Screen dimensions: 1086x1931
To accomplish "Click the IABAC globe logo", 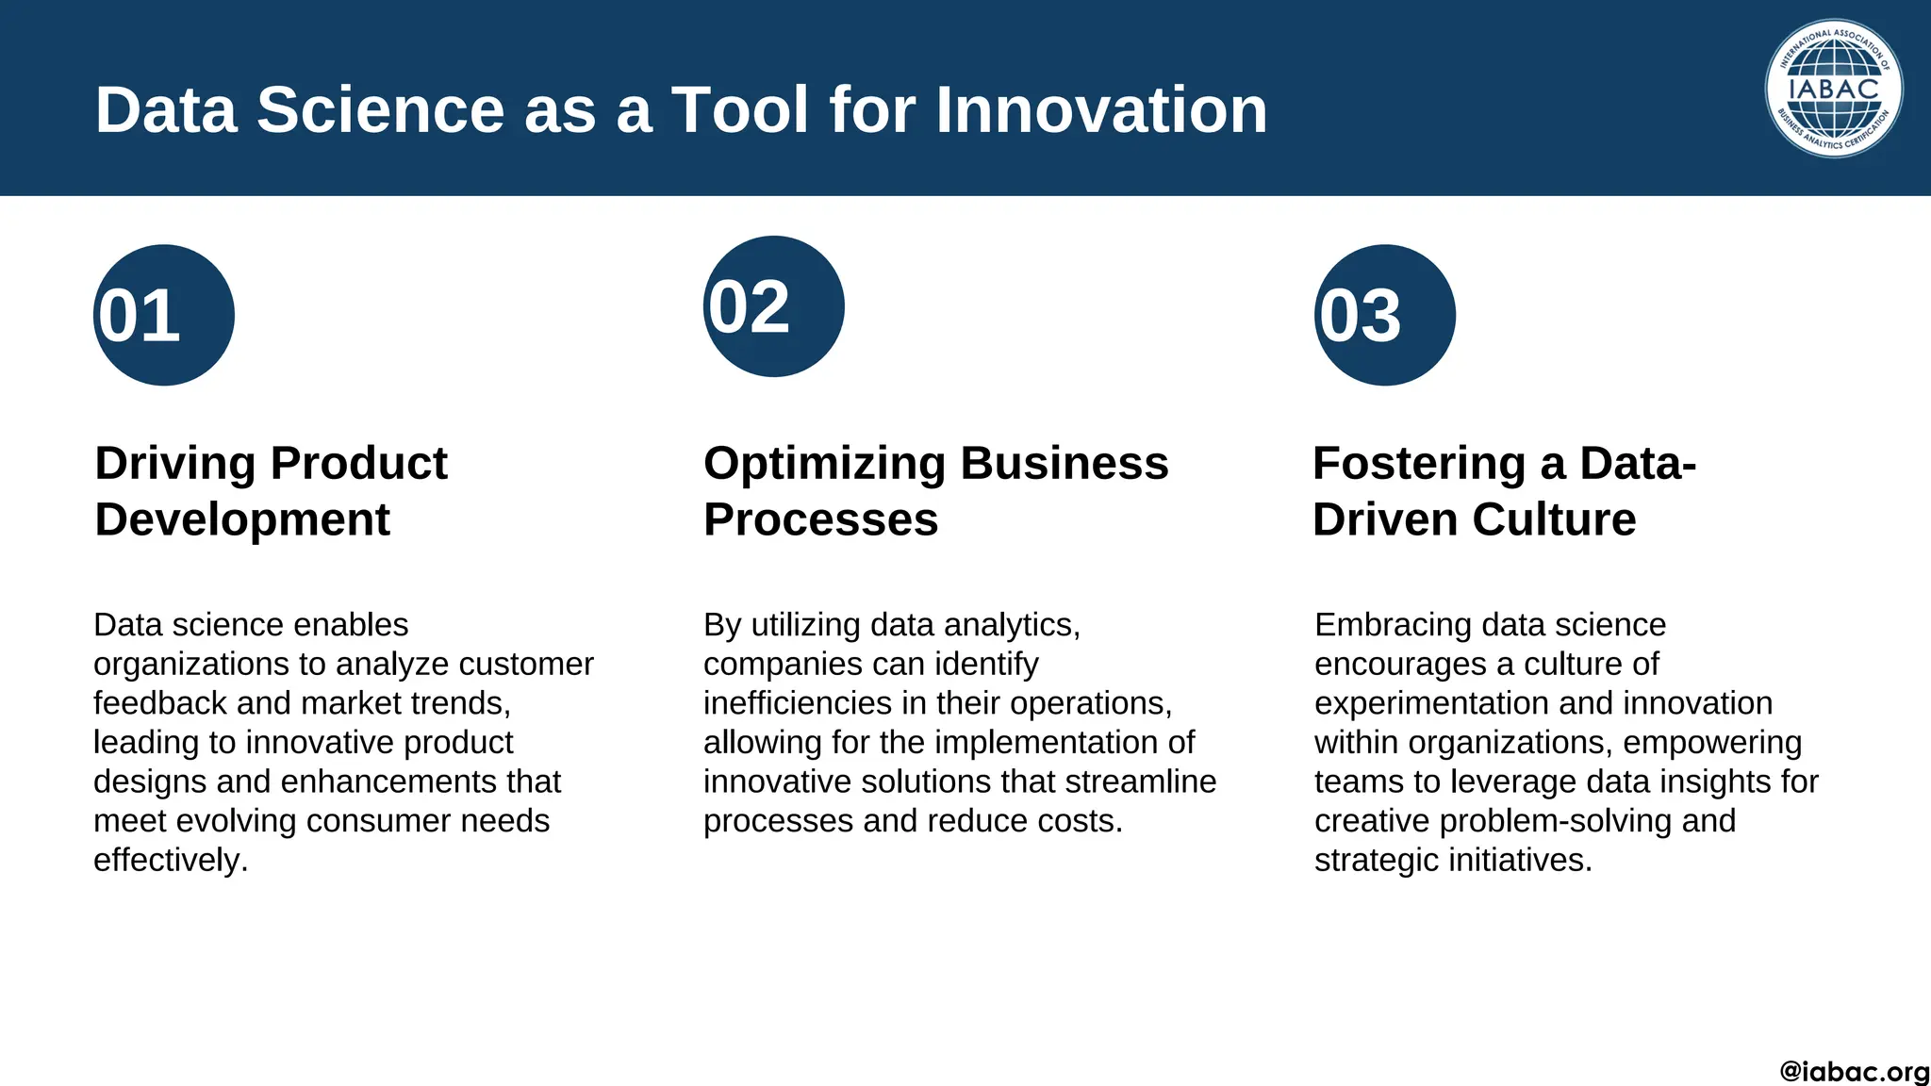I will (x=1833, y=89).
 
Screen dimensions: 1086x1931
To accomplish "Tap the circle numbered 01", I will (x=163, y=315).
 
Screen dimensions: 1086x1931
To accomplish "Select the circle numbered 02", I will (x=773, y=306).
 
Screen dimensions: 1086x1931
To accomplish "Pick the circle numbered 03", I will (x=1384, y=315).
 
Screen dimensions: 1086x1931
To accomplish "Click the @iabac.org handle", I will (x=1854, y=1072).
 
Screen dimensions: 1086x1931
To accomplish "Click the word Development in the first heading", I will (x=242, y=519).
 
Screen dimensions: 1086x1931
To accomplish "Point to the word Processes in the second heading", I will (x=820, y=519).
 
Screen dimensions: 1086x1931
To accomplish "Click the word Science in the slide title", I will (x=380, y=110).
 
